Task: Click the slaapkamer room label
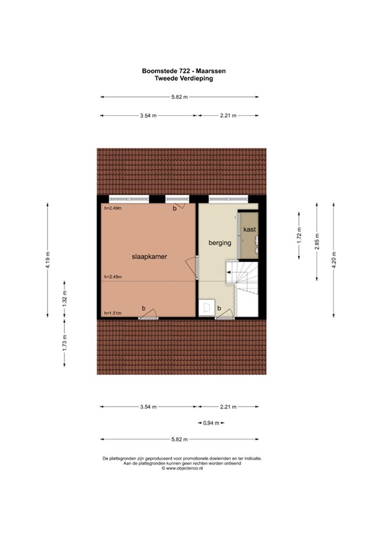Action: click(x=147, y=257)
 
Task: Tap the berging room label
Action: click(x=220, y=243)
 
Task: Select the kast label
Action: click(x=249, y=230)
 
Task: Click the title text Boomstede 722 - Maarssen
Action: click(x=183, y=70)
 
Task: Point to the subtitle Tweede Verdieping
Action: click(x=183, y=79)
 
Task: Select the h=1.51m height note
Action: click(x=112, y=313)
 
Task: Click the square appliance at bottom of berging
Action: click(x=207, y=307)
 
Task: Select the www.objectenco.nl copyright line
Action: click(x=183, y=469)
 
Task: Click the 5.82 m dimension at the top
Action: click(x=183, y=98)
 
